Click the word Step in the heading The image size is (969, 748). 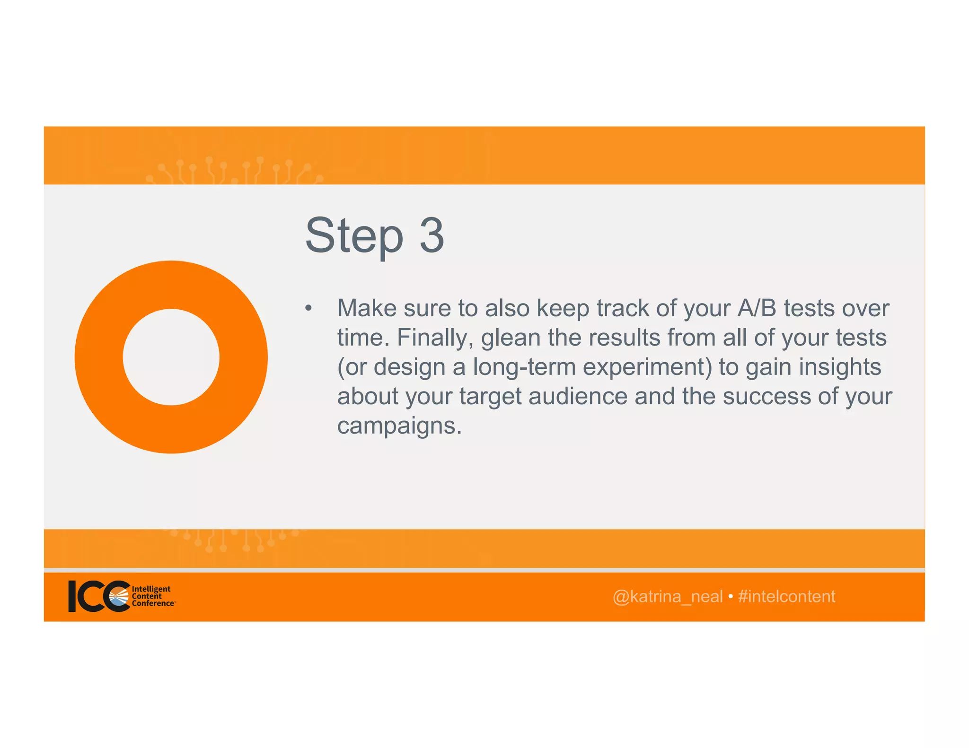click(x=354, y=235)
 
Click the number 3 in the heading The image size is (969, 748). click(x=432, y=235)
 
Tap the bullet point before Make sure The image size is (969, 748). click(x=308, y=308)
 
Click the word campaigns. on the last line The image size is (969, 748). click(x=399, y=426)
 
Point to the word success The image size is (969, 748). click(x=766, y=396)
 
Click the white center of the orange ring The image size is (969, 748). click(x=171, y=357)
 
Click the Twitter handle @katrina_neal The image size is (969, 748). click(x=667, y=597)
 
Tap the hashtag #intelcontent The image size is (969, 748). click(x=786, y=597)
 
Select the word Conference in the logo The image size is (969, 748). click(x=153, y=603)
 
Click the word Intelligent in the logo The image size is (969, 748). click(x=151, y=589)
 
